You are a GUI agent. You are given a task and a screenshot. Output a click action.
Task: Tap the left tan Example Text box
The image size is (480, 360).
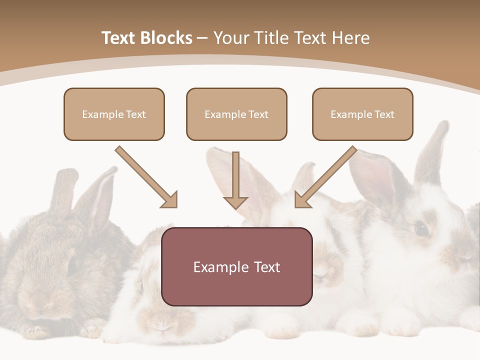[x=114, y=114]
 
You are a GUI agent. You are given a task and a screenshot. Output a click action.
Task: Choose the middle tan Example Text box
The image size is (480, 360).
[x=236, y=114]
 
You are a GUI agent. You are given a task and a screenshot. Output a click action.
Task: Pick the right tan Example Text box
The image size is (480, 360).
[x=362, y=114]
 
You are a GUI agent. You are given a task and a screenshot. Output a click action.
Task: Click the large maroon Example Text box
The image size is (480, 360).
[x=236, y=266]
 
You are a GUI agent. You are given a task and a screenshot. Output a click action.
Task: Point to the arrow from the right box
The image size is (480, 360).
[x=326, y=176]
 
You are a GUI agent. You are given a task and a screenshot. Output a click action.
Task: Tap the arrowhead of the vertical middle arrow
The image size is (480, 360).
[x=235, y=202]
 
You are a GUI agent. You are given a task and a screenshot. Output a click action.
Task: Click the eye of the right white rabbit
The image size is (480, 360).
[x=421, y=228]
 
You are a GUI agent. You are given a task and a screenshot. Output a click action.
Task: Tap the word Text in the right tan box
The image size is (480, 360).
[x=384, y=114]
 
